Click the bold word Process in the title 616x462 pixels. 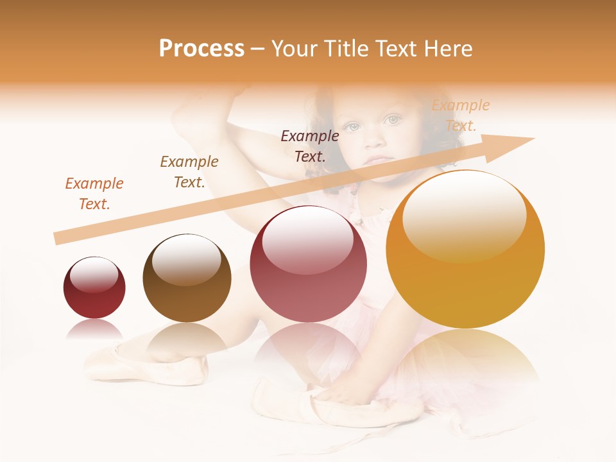coord(201,49)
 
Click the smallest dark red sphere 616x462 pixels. coord(94,288)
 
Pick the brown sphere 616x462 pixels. coord(187,278)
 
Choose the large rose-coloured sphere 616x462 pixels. coord(308,264)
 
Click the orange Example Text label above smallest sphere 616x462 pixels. coord(94,194)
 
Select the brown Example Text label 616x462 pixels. coord(189,172)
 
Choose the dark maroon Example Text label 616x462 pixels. coord(310,146)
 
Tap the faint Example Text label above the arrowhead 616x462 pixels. coord(461,116)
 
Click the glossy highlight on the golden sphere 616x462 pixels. coord(464,216)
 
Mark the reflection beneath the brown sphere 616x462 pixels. coord(187,340)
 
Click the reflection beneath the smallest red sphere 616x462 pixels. coord(94,330)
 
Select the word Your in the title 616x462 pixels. coord(293,49)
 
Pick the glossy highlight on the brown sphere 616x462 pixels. coord(186,259)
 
